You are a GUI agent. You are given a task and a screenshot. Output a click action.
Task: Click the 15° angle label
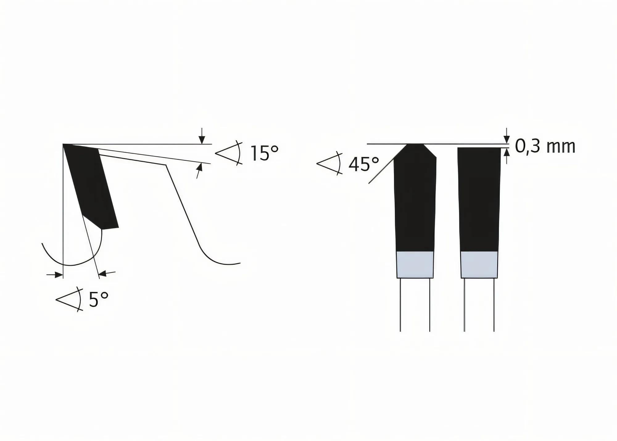point(264,153)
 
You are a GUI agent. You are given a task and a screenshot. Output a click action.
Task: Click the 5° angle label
point(98,300)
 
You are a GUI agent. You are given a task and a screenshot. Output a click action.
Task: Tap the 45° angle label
point(363,164)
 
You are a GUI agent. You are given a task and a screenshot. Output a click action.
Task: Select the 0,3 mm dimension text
point(545,147)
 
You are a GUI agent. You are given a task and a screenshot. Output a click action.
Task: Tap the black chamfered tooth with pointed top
point(415,198)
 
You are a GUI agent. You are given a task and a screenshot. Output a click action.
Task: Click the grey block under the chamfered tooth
point(415,264)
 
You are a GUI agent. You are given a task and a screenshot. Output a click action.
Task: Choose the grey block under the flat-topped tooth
point(479,264)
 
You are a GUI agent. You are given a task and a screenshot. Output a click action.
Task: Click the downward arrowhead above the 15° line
point(202,140)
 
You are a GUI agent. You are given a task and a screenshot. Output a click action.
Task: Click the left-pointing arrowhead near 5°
point(103,273)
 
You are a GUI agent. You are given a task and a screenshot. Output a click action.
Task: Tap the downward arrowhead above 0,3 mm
point(507,140)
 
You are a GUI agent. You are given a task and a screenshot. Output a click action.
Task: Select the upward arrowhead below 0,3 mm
point(507,152)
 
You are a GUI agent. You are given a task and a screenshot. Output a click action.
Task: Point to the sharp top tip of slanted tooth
point(64,145)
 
